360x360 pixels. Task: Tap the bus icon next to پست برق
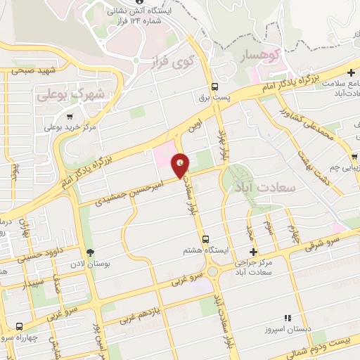[214, 87]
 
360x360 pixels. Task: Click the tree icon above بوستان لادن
[90, 252]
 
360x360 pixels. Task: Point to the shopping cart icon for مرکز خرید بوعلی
[69, 117]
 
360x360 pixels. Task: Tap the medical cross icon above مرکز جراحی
[254, 251]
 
